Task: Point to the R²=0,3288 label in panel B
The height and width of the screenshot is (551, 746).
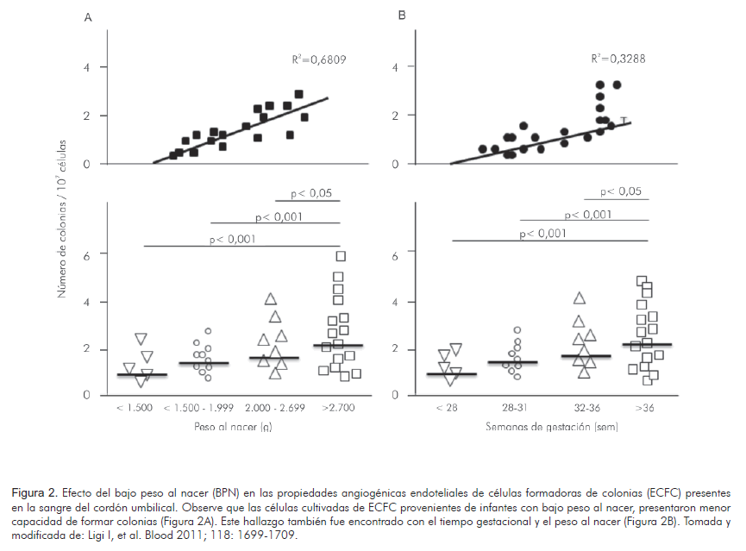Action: click(x=618, y=59)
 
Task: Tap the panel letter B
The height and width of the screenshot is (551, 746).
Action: click(x=400, y=16)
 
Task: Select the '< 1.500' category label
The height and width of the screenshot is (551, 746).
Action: click(x=134, y=408)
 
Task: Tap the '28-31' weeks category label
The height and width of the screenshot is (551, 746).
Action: click(x=513, y=408)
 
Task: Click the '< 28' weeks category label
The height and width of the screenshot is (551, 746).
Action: click(x=446, y=408)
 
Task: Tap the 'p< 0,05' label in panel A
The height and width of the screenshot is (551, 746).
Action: click(x=312, y=193)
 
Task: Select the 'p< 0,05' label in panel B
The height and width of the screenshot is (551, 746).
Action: click(x=621, y=192)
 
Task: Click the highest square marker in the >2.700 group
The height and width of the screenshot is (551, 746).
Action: click(x=341, y=255)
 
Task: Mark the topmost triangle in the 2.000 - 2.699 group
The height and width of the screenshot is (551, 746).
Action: click(x=271, y=299)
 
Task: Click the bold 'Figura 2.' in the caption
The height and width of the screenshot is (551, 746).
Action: click(x=35, y=492)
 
